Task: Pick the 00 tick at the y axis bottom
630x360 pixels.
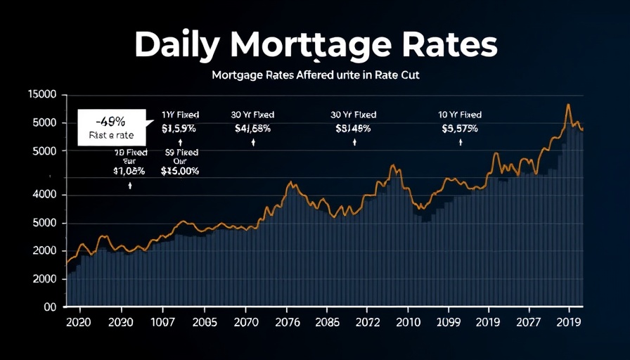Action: tap(49, 307)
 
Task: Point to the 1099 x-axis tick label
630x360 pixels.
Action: tap(449, 323)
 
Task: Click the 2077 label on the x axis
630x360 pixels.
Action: tap(529, 323)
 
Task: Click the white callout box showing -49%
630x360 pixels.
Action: tap(112, 127)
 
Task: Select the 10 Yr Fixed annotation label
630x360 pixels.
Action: tap(461, 114)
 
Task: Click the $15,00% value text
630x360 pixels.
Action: tap(180, 171)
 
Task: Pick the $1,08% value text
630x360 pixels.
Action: tap(129, 171)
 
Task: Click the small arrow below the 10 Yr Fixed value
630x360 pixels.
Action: tap(461, 142)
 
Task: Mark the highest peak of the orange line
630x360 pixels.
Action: tap(568, 105)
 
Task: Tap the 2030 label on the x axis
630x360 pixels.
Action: tap(121, 323)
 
